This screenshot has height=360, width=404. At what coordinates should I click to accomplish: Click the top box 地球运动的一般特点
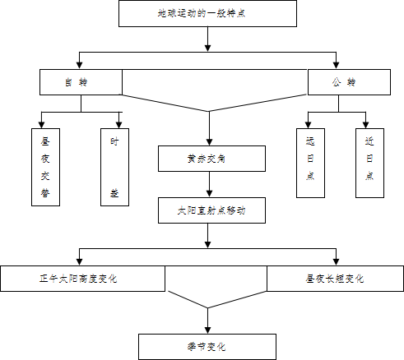[207, 13]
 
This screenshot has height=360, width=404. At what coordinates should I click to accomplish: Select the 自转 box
[81, 82]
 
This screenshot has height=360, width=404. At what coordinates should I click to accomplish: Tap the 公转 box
[349, 82]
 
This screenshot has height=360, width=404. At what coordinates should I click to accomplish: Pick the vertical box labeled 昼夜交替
[45, 167]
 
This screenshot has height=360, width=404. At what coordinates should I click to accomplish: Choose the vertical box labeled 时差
[114, 167]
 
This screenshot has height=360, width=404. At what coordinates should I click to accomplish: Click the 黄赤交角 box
[211, 159]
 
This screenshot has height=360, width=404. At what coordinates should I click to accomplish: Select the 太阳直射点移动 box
[211, 210]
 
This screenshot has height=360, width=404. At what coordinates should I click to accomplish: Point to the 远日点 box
[310, 163]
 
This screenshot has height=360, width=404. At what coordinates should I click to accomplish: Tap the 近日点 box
[369, 163]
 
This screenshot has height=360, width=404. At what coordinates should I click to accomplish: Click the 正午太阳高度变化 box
[82, 279]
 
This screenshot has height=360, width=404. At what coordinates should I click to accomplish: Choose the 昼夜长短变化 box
[335, 279]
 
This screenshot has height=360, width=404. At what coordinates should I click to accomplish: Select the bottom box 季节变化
[207, 347]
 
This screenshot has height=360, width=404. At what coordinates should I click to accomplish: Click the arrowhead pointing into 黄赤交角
[209, 142]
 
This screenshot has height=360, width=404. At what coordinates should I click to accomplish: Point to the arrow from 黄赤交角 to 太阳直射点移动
[209, 184]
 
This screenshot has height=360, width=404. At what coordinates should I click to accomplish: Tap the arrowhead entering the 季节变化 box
[207, 330]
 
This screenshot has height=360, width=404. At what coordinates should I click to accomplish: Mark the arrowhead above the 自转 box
[79, 65]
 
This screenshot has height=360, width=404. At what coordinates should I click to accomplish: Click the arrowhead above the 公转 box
[336, 65]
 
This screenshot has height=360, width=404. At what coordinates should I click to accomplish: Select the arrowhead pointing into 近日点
[365, 125]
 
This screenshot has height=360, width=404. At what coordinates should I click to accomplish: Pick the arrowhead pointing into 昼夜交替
[41, 125]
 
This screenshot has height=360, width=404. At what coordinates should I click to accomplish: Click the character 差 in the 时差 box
[114, 193]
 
